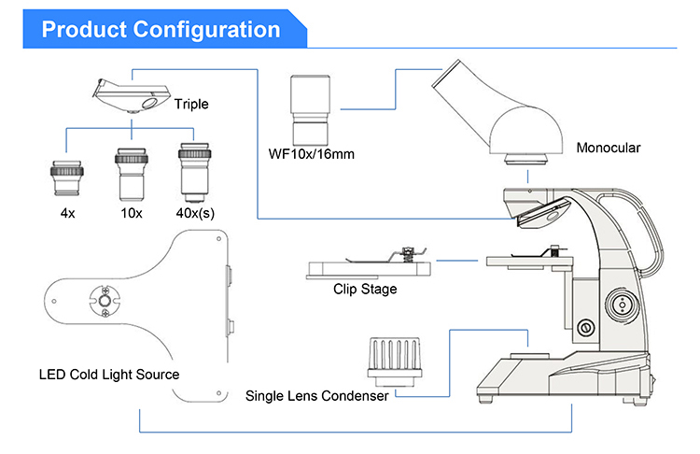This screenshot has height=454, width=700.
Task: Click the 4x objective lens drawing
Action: tap(67, 178)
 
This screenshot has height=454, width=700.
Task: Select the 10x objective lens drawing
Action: tap(132, 175)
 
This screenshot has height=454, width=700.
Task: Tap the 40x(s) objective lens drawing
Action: tap(195, 173)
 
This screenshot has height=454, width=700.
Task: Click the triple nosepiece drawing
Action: tap(132, 95)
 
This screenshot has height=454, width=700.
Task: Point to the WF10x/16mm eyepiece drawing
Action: tap(310, 110)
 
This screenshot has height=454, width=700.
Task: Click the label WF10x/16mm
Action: tap(311, 154)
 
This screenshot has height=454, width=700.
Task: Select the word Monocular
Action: tap(608, 148)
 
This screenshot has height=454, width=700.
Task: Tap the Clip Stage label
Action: tap(365, 289)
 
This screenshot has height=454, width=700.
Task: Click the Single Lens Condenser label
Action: tap(317, 396)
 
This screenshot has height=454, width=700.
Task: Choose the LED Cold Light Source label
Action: tap(109, 375)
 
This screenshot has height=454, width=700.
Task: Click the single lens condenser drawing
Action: tap(395, 362)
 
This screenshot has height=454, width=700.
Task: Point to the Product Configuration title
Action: tap(161, 30)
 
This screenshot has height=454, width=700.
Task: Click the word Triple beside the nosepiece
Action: tap(191, 104)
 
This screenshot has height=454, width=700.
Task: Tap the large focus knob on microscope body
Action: tap(622, 305)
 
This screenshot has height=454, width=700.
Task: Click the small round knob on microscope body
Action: tap(586, 328)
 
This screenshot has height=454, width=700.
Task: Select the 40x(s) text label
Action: tap(195, 213)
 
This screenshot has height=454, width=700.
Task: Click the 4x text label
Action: tap(67, 213)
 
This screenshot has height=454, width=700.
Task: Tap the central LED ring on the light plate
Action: tap(105, 301)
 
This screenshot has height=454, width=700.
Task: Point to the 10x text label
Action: tap(132, 213)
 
